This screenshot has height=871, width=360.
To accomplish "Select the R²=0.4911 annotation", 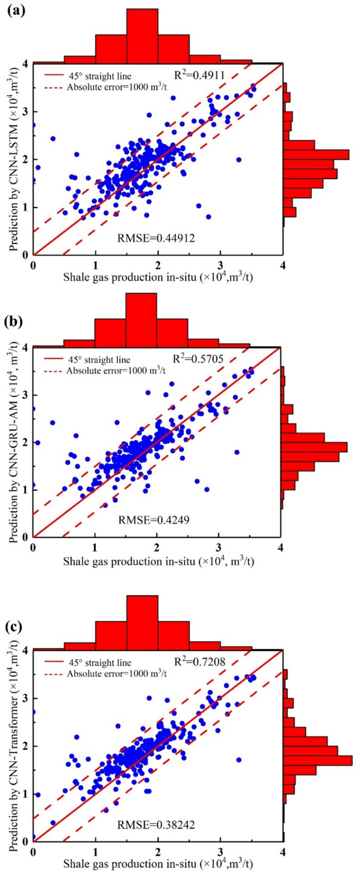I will click(199, 75).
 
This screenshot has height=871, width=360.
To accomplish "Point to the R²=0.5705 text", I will click(198, 359).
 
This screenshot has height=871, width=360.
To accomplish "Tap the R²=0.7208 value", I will click(200, 661).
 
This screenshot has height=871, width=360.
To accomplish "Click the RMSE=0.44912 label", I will click(156, 238).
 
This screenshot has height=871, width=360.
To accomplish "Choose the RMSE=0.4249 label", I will click(153, 520).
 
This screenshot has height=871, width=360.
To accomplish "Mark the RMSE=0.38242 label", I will click(156, 825).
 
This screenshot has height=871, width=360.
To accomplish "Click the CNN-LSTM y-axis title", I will click(15, 158).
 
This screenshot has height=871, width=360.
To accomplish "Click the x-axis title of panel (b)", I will click(158, 561).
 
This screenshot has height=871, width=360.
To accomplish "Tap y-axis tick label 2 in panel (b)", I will click(26, 442).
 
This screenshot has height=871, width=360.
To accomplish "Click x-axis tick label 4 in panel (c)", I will click(283, 852).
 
